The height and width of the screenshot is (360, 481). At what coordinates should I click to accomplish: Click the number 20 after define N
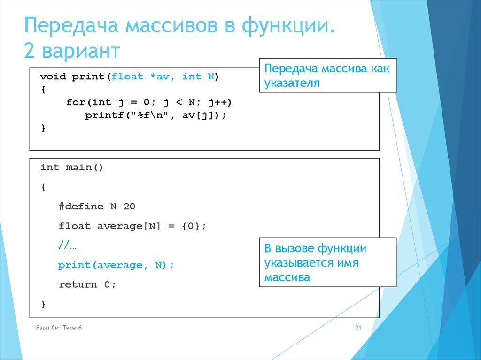click(x=129, y=207)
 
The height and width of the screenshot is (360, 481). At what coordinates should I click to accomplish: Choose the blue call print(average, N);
click(x=116, y=265)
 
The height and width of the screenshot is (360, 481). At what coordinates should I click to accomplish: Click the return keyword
click(x=78, y=284)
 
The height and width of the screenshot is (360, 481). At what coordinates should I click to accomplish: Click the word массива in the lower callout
click(x=287, y=277)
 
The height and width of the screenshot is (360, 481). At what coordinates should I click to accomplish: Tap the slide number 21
click(x=358, y=328)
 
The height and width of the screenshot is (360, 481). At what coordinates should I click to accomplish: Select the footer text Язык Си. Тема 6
click(x=59, y=328)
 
